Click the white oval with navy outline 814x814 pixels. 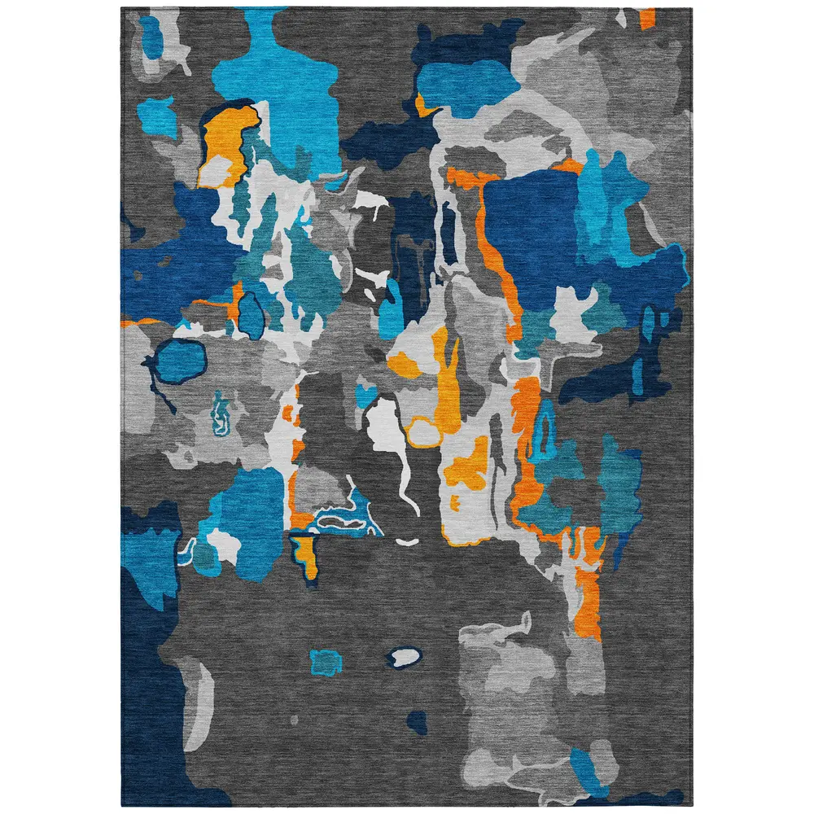click(x=404, y=657)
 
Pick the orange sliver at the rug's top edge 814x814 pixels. click(x=647, y=18)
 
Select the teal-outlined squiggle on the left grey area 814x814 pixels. click(x=221, y=411)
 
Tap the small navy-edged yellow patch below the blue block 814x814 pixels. click(x=305, y=554)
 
